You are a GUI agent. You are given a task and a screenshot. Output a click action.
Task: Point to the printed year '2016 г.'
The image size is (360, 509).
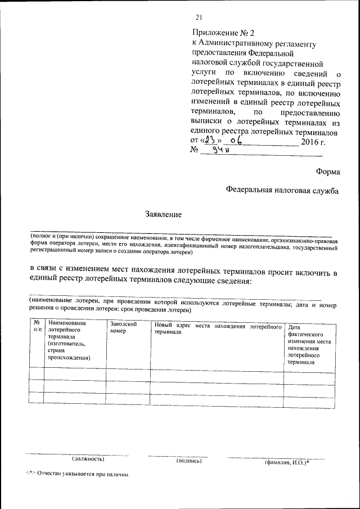[313, 141]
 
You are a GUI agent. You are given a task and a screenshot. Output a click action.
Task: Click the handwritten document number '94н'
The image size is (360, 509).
[214, 150]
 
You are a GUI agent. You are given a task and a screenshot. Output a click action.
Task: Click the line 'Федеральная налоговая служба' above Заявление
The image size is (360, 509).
[282, 191]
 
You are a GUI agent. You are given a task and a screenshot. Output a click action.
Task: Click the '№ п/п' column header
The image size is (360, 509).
[37, 327]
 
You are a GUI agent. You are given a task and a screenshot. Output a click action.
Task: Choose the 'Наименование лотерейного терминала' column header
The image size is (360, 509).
[71, 340]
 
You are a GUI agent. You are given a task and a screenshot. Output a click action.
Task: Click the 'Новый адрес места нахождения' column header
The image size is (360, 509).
[217, 329]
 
